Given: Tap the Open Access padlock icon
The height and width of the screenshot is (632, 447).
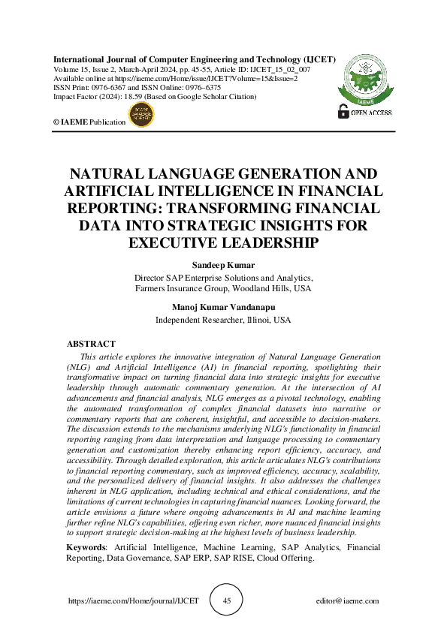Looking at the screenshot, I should click(344, 112).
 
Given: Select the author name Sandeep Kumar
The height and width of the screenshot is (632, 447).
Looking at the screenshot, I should click(223, 266).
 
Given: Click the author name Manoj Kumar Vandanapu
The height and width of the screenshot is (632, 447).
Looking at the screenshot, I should click(223, 308).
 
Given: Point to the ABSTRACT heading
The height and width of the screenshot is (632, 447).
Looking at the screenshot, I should click(91, 343).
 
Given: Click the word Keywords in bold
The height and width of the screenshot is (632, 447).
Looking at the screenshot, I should click(87, 548).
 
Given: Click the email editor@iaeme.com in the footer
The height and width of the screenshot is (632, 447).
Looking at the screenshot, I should click(347, 601).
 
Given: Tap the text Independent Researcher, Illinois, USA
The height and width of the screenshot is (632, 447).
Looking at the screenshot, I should click(223, 319).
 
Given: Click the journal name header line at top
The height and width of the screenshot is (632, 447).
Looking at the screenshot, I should click(194, 59).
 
